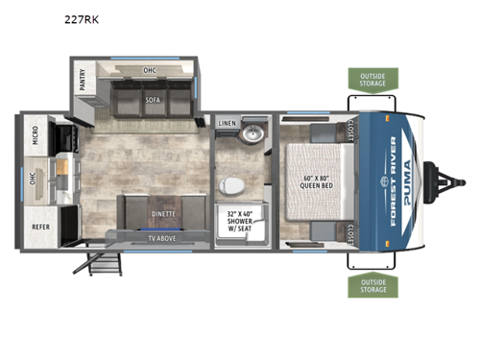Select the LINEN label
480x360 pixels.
click(x=227, y=124)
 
